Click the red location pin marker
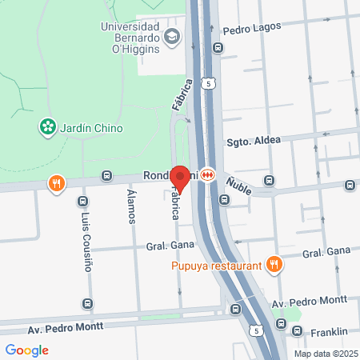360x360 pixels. click(180, 178)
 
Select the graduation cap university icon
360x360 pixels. click(171, 38)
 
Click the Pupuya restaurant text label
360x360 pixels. click(217, 266)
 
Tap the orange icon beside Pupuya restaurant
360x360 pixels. click(274, 264)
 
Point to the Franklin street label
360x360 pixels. click(329, 331)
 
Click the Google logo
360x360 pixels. click(26, 350)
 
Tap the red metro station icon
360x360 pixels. click(207, 174)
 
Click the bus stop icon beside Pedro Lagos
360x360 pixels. click(218, 47)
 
